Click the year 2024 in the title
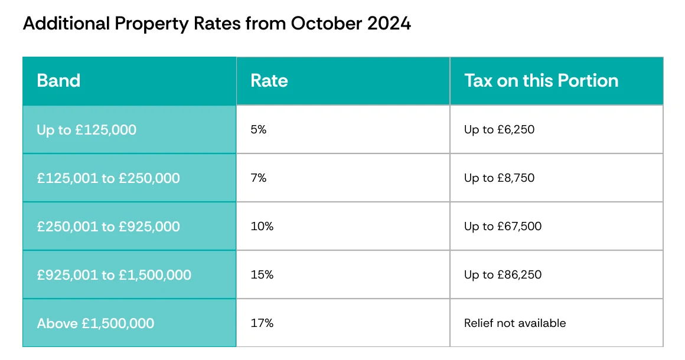[389, 23]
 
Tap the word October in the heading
[327, 23]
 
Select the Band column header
[58, 81]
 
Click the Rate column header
[269, 81]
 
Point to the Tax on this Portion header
[542, 81]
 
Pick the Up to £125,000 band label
[86, 130]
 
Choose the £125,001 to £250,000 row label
[108, 178]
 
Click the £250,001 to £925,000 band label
[108, 227]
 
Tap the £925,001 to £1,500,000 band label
[114, 275]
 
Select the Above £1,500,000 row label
[96, 323]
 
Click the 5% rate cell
[259, 129]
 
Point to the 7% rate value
[259, 178]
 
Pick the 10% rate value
[262, 226]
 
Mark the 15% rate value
[262, 274]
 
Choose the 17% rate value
[262, 323]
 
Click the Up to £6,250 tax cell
[500, 130]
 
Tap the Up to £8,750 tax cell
[500, 178]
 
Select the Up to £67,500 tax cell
[503, 227]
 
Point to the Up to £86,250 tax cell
[503, 275]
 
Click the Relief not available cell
[515, 323]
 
